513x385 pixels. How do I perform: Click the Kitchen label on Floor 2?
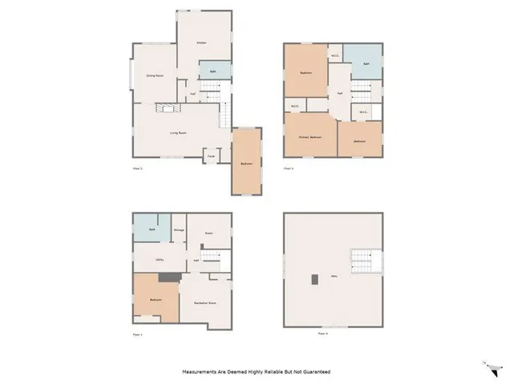coord(203,42)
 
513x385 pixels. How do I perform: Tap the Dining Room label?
coord(155,75)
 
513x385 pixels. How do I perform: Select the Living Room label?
coord(178,132)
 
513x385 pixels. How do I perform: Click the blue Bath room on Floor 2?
coord(212,71)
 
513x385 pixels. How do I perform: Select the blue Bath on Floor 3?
coord(365,63)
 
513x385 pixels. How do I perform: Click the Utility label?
coord(160,260)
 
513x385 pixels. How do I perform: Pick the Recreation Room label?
coord(205,302)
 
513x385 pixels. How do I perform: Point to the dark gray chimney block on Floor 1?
coord(168,278)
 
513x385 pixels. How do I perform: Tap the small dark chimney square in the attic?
coord(315,279)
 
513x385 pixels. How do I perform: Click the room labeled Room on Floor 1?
coord(208,233)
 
